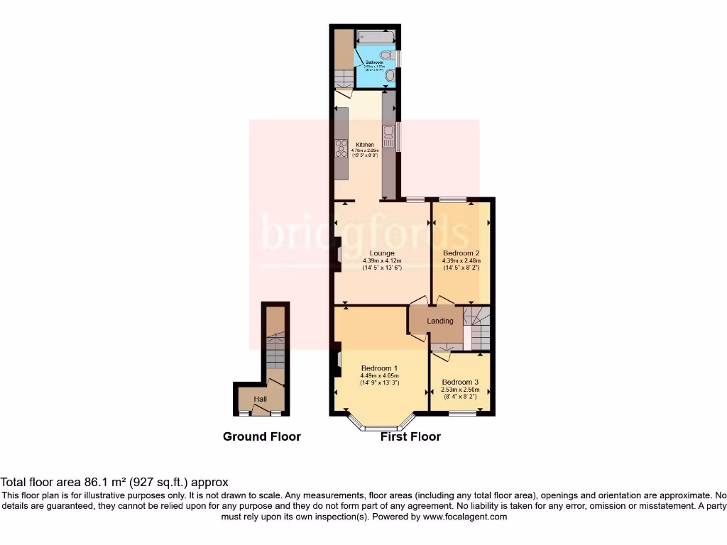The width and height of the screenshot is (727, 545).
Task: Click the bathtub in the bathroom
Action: [375, 35]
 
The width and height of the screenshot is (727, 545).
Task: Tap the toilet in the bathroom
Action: [386, 54]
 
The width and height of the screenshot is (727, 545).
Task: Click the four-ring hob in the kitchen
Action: [341, 148]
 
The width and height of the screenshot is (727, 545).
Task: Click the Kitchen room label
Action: [365, 145]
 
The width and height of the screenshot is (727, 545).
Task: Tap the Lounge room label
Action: [382, 253]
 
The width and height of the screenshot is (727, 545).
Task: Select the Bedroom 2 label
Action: [461, 253]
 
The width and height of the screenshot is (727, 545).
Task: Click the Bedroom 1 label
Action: [379, 368]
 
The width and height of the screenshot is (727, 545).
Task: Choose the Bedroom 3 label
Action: [460, 382]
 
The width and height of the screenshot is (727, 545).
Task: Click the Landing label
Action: [439, 321]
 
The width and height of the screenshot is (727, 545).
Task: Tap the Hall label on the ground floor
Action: [261, 400]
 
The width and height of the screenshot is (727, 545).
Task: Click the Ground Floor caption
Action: [261, 436]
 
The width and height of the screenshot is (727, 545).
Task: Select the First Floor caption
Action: [410, 436]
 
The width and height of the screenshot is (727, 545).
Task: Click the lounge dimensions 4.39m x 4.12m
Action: [382, 260]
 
